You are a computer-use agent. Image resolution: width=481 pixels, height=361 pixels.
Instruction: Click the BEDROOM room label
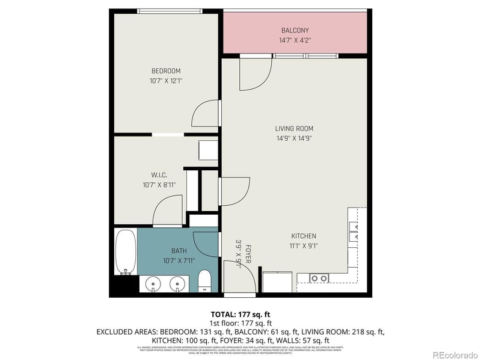[x=165, y=71]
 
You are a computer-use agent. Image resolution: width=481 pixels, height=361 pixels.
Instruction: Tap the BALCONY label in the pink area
[x=295, y=31]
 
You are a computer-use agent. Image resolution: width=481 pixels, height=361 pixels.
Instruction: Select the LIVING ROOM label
[x=294, y=128]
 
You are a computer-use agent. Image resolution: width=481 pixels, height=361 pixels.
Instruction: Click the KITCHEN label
[x=304, y=236]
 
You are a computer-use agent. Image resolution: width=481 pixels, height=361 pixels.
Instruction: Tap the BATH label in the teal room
[x=179, y=251]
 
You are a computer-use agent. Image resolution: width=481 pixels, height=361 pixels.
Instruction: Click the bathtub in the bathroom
[x=126, y=252]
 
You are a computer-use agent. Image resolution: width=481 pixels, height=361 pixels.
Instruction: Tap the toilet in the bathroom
[x=204, y=281]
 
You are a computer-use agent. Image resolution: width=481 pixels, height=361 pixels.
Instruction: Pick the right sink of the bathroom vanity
[x=177, y=283]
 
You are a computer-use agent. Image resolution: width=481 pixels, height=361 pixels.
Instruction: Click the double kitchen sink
[x=319, y=278]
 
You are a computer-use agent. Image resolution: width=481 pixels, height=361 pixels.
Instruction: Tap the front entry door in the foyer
[x=234, y=277]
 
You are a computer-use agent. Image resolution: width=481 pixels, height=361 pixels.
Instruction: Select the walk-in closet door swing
[x=168, y=212]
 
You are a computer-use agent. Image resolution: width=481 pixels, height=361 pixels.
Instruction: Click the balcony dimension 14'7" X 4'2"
[x=295, y=41]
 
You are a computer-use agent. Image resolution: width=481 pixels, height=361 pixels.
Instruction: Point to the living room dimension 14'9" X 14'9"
[x=294, y=138]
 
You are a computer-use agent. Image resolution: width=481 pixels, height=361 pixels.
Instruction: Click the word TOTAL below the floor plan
[x=222, y=315]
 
